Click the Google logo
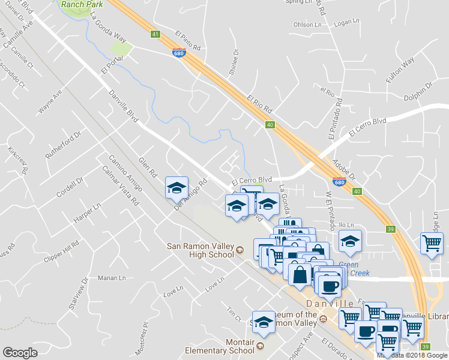[20, 353]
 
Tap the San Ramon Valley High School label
[200, 250]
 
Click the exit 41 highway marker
[155, 35]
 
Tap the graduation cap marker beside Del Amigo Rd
[176, 188]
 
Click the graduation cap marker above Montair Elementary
[263, 322]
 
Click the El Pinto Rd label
[188, 41]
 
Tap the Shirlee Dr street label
[234, 62]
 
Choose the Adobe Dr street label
[344, 169]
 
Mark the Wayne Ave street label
[50, 102]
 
